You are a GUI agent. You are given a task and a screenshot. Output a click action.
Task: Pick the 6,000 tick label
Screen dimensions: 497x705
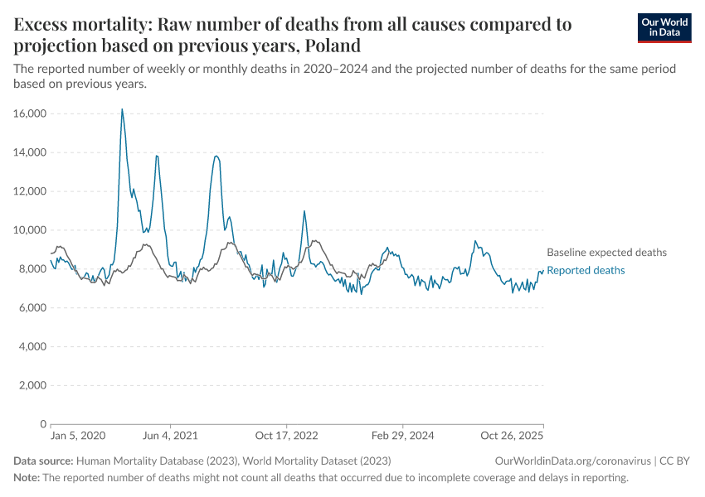(x=31, y=308)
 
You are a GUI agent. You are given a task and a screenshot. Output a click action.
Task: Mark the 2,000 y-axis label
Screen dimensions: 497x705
(x=31, y=386)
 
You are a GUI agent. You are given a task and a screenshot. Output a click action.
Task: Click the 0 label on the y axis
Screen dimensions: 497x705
(x=41, y=424)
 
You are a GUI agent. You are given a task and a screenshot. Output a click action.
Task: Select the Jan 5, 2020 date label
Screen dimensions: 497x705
(x=78, y=436)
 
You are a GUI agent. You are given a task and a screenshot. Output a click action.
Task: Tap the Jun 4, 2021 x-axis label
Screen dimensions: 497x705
(x=170, y=436)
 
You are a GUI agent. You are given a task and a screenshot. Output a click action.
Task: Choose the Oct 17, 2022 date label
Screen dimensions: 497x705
(x=287, y=436)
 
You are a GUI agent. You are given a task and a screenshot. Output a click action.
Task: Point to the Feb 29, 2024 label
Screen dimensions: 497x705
(x=402, y=436)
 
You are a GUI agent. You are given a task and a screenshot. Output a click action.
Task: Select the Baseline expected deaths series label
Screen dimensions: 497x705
(x=606, y=253)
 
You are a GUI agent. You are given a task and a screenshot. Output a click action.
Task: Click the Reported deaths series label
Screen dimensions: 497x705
(x=586, y=271)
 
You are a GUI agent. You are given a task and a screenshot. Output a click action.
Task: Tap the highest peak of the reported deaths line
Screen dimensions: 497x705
(x=122, y=109)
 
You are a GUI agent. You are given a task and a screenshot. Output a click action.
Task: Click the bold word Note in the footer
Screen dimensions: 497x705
(x=26, y=478)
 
